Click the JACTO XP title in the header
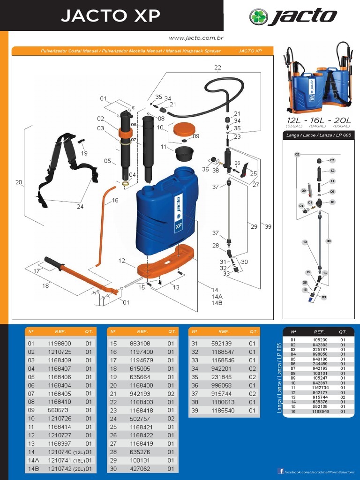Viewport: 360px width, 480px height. coord(111,16)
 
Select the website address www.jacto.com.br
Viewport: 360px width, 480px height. coord(195,38)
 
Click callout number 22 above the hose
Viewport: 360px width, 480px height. coord(217,67)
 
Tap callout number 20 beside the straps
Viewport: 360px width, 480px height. coord(19,182)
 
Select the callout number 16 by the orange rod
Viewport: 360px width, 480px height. coord(115,201)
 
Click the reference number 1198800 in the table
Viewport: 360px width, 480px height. coord(60,344)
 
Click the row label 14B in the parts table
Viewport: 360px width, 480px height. coord(33,469)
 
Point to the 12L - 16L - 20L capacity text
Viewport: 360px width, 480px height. coord(318,120)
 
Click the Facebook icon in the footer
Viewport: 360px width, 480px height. coord(281,471)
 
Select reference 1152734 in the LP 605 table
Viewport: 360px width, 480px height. coord(319,388)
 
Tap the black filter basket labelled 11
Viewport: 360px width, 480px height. coord(184,153)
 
